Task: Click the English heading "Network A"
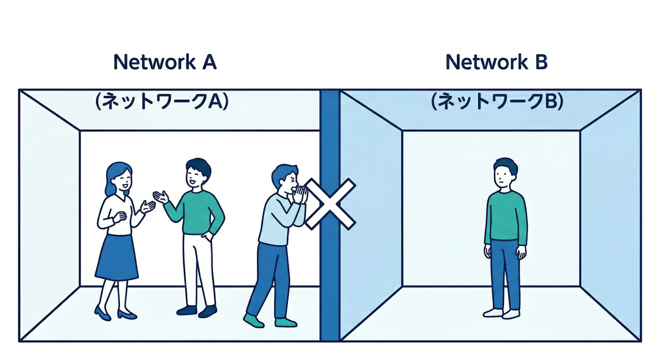coord(165,62)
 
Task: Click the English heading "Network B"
coord(496,62)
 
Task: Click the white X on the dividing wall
coord(330,204)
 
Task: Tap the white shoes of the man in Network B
coord(502,313)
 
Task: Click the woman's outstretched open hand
coord(148,206)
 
